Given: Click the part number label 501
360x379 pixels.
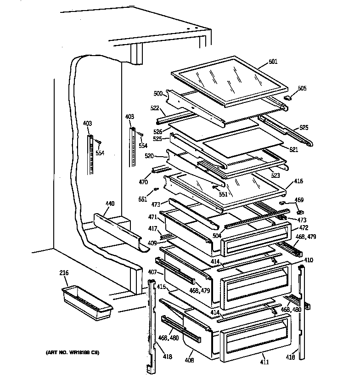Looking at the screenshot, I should (273, 62).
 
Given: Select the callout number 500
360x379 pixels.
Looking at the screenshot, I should (158, 94).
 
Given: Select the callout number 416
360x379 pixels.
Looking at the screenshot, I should (298, 181).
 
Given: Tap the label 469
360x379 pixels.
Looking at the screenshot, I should (299, 200).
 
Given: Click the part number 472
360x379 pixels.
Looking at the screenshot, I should (304, 227).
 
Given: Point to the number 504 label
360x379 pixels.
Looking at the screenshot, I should (216, 236).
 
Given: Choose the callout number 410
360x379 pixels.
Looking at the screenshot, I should (308, 260).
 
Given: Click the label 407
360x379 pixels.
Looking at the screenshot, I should (152, 272).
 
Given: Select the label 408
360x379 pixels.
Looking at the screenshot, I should (189, 361).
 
